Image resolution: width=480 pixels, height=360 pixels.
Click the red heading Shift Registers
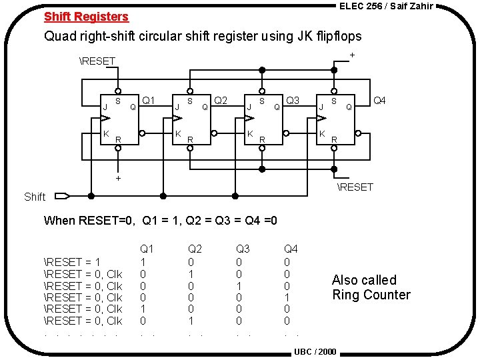pos(86,17)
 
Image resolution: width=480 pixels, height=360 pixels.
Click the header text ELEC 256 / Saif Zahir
pos(386,6)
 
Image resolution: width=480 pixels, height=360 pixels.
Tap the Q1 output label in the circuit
pos(149,101)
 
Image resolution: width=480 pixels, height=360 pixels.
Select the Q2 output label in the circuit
pos(221,101)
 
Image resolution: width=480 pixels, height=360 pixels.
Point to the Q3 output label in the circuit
pos(293,101)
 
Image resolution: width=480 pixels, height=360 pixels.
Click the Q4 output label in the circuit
pos(379,101)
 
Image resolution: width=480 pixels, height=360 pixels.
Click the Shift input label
pos(35,197)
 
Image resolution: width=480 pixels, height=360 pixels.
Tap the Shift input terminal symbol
pos(62,196)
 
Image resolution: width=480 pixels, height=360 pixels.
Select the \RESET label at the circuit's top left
pos(97,61)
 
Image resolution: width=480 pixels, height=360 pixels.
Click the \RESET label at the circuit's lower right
pos(355,187)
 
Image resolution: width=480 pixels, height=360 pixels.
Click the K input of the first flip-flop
pos(105,134)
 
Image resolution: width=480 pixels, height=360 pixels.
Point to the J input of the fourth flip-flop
pos(321,105)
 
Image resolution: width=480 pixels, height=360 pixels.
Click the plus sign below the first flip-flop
pos(118,178)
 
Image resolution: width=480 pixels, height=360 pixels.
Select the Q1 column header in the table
pos(147,249)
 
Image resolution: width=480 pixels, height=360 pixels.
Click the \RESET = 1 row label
pos(72,261)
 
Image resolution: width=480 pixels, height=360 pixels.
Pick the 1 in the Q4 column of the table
pos(287,297)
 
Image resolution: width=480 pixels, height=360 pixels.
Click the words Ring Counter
pos(371,295)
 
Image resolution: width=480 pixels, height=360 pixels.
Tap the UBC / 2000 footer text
pos(315,351)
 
